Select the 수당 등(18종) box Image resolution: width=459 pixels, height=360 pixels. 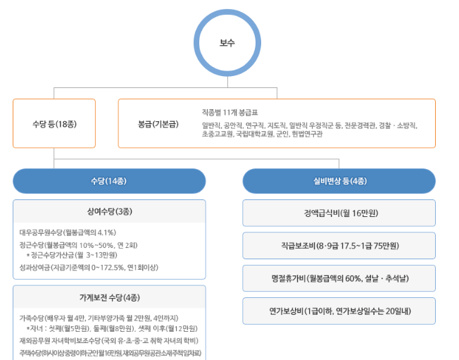[54, 123]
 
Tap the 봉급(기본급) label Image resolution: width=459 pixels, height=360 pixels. [158, 123]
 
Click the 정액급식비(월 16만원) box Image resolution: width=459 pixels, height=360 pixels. [339, 212]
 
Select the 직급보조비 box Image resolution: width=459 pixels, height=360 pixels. [339, 245]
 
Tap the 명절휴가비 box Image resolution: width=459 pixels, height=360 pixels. [339, 278]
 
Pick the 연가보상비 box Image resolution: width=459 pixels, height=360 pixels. [339, 311]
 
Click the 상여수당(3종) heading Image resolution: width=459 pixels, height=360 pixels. [109, 211]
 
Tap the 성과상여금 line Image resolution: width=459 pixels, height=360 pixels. [89, 267]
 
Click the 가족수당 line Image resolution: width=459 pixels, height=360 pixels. [98, 317]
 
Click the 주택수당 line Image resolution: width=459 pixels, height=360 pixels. [110, 352]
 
